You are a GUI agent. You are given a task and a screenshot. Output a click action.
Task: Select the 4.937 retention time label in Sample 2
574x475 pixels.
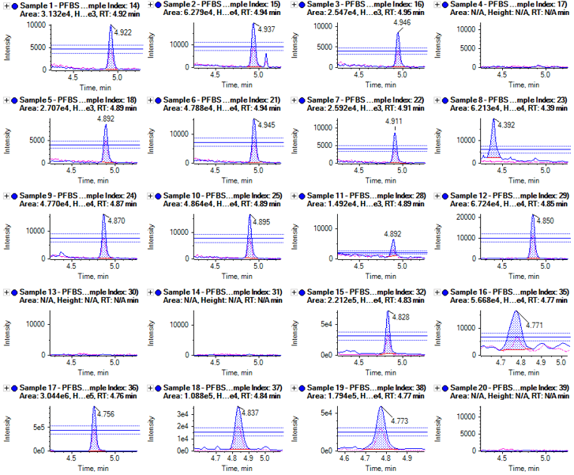tap(267, 29)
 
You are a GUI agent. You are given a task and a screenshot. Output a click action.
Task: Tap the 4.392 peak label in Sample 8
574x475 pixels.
tap(507, 125)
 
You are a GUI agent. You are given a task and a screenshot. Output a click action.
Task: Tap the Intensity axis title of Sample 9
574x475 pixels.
tap(8, 230)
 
